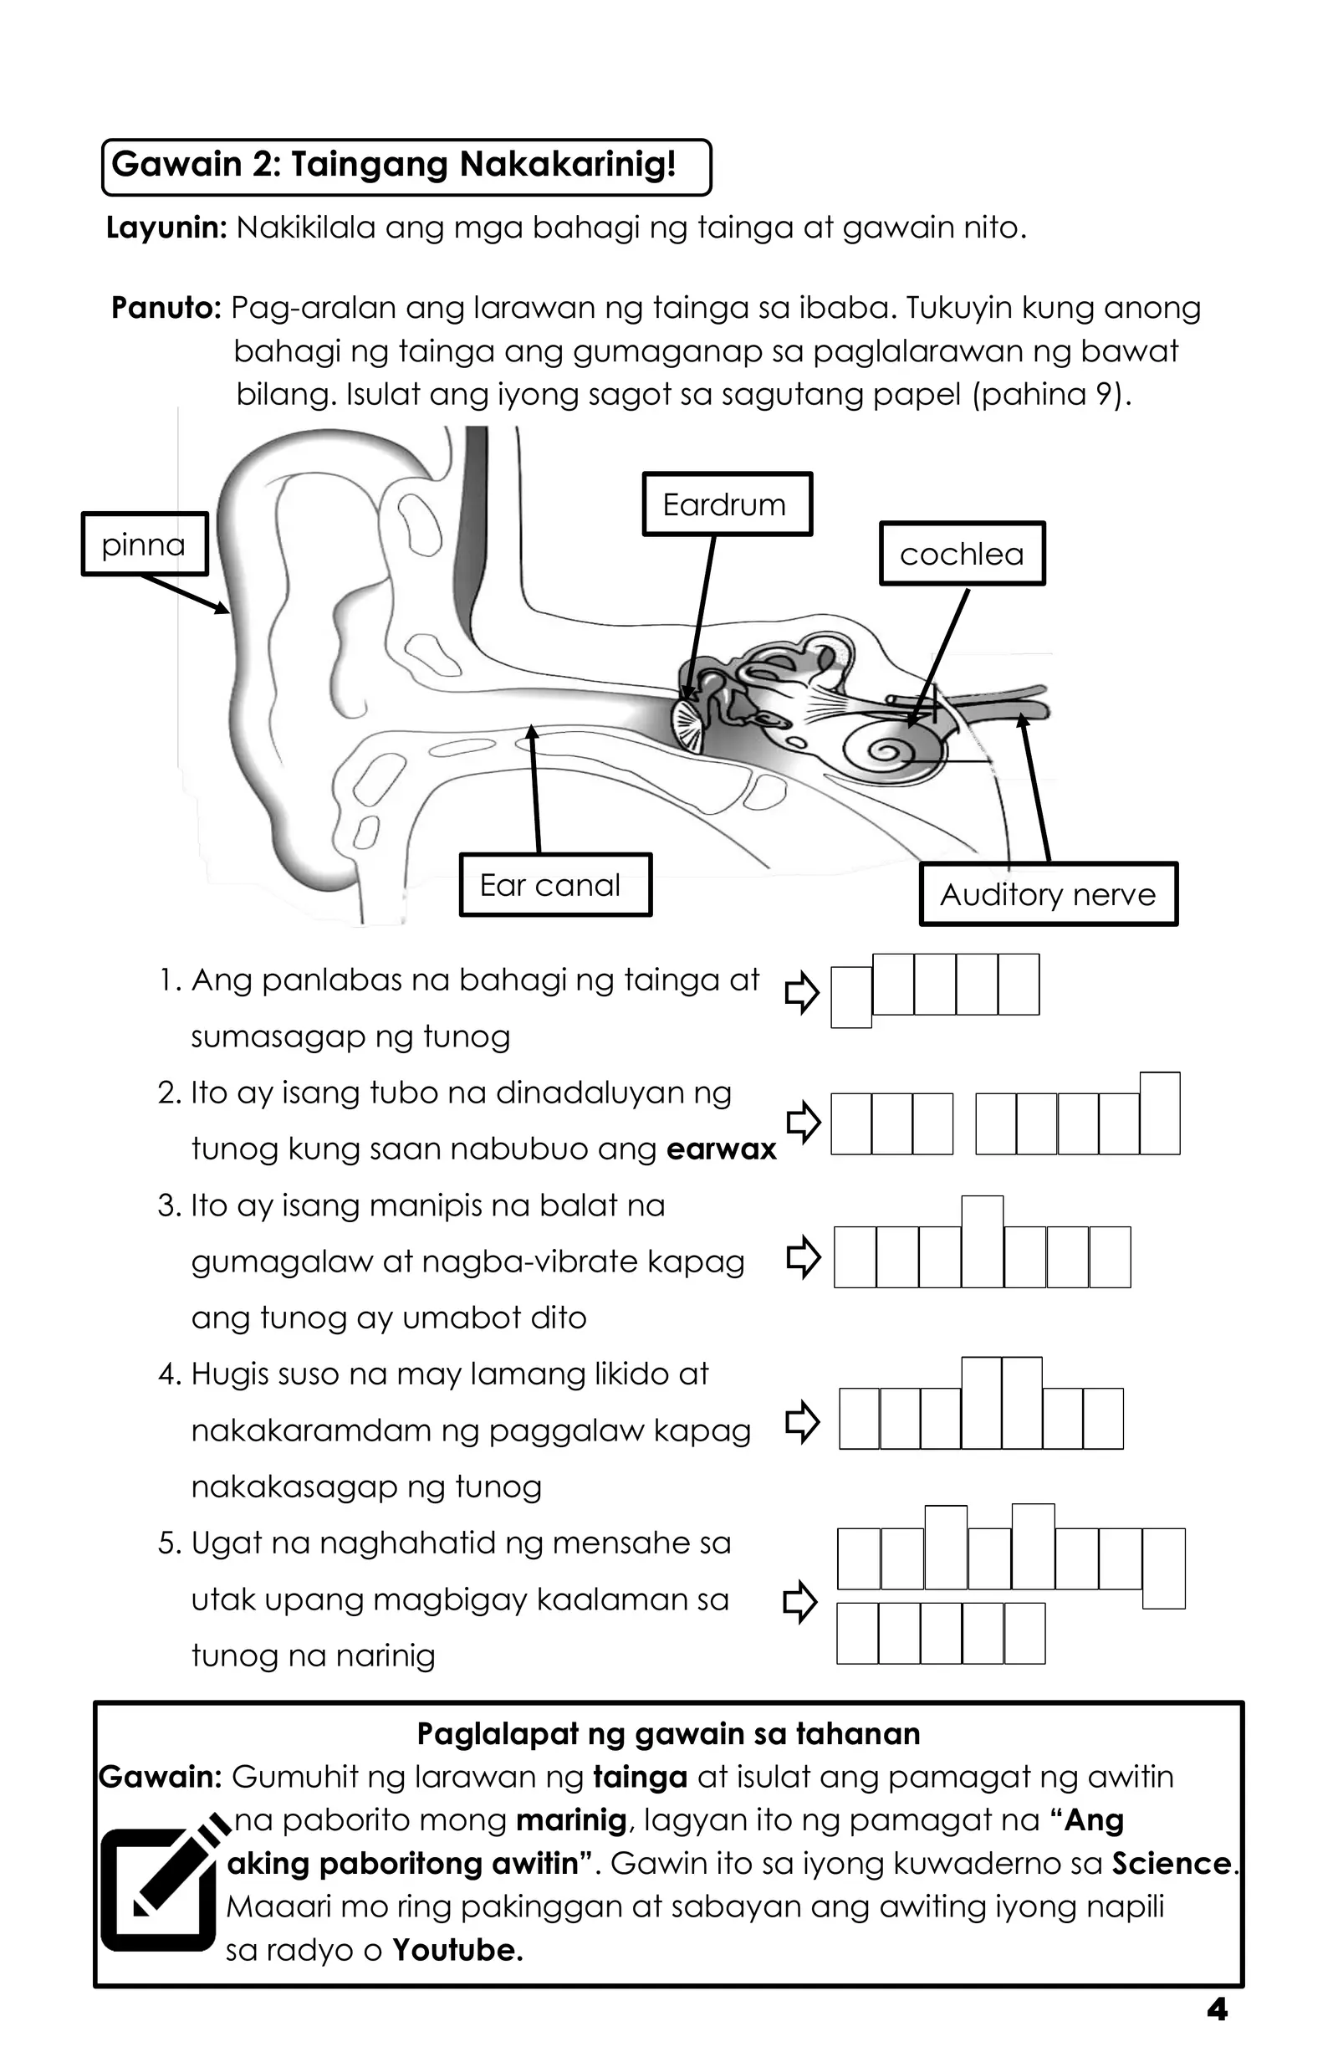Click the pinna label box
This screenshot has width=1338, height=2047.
point(145,544)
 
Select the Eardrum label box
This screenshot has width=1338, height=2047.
point(727,504)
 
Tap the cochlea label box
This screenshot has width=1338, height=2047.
point(962,554)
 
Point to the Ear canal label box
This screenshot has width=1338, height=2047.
point(555,885)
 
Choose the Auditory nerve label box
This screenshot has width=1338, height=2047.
point(1048,894)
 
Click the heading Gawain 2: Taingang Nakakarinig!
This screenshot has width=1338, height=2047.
point(394,164)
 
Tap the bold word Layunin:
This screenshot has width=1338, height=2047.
point(166,228)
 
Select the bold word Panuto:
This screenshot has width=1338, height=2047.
point(166,308)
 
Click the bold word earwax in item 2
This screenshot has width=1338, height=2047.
point(721,1149)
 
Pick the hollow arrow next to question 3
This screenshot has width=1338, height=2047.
point(803,1257)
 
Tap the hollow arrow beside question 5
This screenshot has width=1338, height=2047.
point(799,1601)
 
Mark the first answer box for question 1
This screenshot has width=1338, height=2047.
point(851,997)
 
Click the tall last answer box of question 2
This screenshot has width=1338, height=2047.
point(1159,1113)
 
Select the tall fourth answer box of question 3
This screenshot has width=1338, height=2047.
point(982,1241)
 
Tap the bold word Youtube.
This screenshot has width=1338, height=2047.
point(457,1950)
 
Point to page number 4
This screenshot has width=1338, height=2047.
point(1217,2010)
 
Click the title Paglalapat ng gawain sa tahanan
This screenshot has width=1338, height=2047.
point(668,1734)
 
